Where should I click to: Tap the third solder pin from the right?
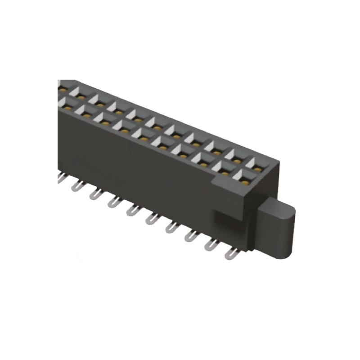pos(189,236)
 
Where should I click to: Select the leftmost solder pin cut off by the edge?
pos(60,179)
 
